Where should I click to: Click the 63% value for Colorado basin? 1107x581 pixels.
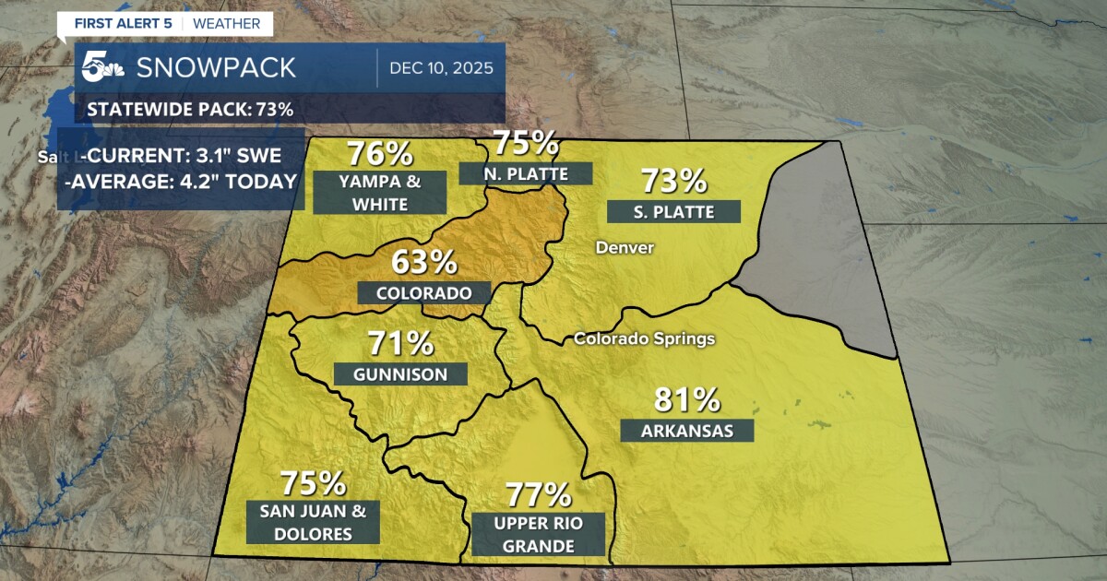[423, 262]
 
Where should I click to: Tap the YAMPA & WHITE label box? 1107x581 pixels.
[380, 192]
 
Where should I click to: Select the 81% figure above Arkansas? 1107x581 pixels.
[686, 399]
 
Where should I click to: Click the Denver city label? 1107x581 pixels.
[625, 247]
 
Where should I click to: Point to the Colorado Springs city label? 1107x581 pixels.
[644, 338]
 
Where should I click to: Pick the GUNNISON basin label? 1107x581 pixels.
[400, 374]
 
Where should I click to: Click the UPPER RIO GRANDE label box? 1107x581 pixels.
[539, 534]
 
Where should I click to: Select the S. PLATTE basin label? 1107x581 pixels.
[673, 211]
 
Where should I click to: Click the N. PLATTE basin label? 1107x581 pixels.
[525, 173]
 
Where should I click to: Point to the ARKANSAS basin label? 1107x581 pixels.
[687, 431]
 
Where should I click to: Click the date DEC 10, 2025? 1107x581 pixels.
[441, 68]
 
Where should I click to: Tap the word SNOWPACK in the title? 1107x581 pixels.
[216, 67]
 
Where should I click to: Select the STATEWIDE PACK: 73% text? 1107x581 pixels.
[190, 110]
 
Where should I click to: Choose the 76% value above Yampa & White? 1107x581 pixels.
[378, 154]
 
